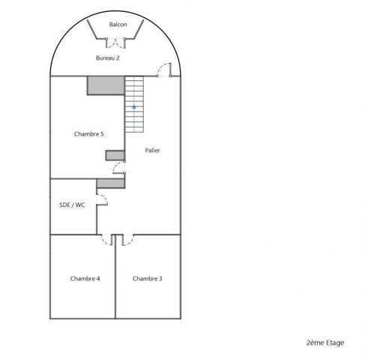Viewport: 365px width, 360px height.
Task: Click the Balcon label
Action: click(118, 25)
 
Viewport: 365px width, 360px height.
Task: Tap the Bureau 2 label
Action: click(108, 58)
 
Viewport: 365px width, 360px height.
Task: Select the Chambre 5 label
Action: click(89, 134)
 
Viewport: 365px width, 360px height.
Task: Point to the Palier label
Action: click(152, 150)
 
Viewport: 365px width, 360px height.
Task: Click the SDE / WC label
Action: click(72, 205)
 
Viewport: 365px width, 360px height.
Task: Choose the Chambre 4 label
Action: click(85, 278)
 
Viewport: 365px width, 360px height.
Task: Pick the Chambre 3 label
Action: click(148, 278)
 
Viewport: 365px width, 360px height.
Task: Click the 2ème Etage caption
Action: click(325, 343)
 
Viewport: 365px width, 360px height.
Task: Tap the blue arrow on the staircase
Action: click(134, 106)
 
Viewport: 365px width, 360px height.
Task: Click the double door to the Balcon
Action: click(115, 43)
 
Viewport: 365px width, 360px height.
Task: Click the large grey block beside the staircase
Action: click(106, 85)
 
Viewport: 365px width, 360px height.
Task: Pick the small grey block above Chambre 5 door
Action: click(115, 155)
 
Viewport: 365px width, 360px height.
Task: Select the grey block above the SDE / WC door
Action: click(111, 183)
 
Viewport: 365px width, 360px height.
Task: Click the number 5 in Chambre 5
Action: click(102, 134)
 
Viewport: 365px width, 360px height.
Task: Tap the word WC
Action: click(80, 205)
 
